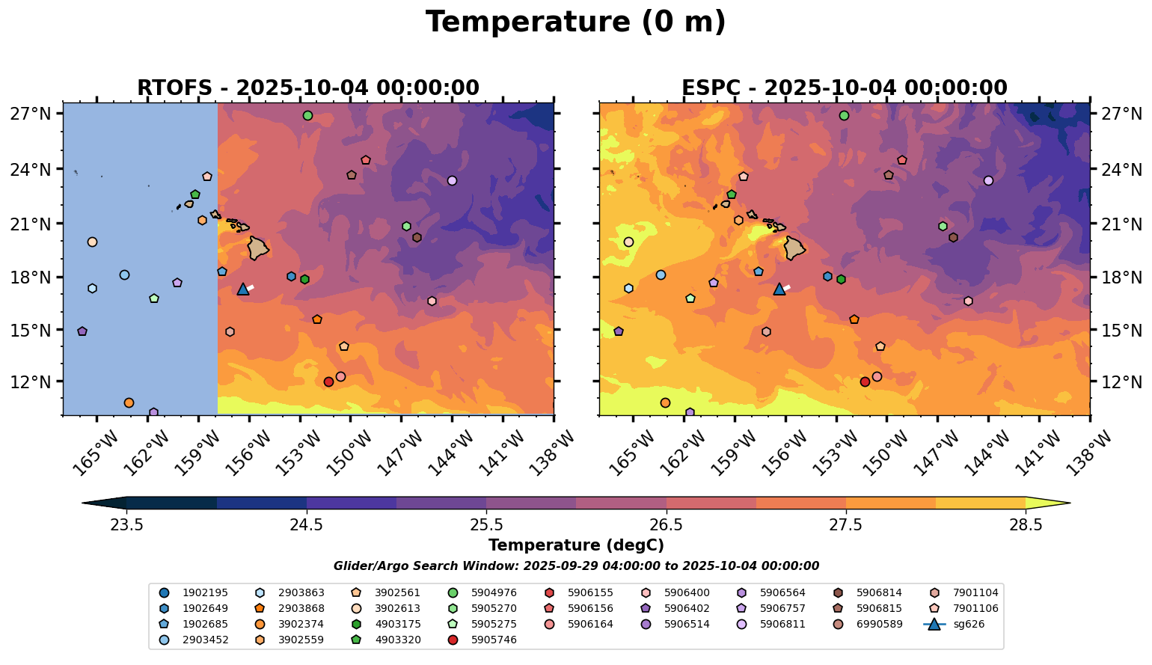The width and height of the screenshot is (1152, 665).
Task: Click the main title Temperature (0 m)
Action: click(x=575, y=22)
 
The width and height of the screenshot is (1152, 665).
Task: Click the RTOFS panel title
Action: click(x=307, y=88)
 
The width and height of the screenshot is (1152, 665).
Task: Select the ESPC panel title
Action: click(x=845, y=88)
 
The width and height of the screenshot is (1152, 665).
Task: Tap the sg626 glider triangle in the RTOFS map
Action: click(x=243, y=289)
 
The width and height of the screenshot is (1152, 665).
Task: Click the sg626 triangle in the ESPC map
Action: click(x=779, y=289)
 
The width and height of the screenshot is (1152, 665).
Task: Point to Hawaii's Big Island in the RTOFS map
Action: click(x=258, y=248)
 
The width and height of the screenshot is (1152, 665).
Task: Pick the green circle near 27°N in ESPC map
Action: click(x=844, y=116)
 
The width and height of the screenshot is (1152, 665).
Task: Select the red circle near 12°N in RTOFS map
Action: click(x=328, y=381)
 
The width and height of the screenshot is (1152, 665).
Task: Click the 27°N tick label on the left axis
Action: click(x=31, y=114)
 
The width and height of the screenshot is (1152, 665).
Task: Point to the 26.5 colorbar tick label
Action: click(x=666, y=525)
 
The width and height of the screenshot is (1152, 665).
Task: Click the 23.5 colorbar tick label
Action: click(x=126, y=525)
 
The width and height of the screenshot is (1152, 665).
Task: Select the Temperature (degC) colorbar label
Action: click(x=575, y=546)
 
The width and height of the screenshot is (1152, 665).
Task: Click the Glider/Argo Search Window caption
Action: click(x=575, y=566)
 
